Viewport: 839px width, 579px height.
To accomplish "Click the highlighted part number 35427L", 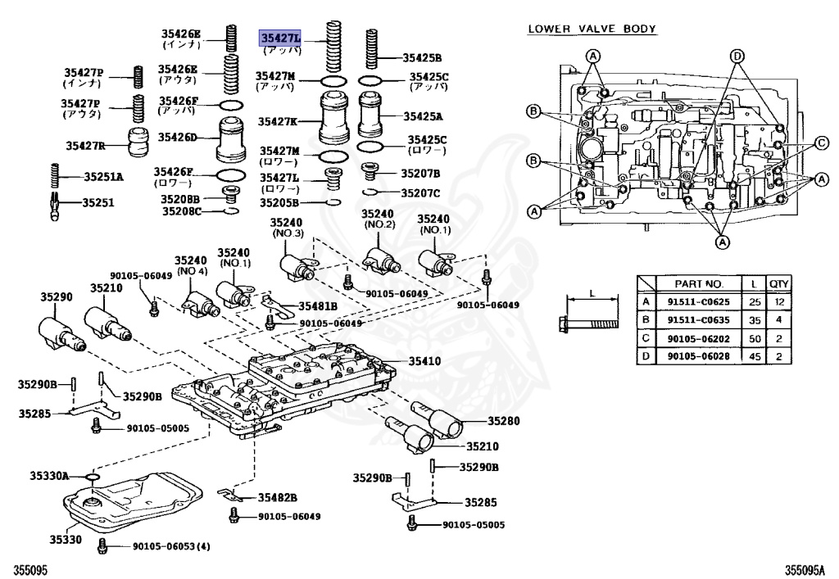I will click(281, 38).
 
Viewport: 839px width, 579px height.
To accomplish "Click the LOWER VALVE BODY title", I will click(592, 29).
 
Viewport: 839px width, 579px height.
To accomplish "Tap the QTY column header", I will click(778, 284).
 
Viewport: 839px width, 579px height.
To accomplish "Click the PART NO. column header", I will click(698, 284).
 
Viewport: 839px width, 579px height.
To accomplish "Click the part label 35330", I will click(65, 540).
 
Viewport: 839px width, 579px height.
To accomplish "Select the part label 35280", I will click(505, 421).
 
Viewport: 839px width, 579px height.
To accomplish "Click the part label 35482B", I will click(278, 497).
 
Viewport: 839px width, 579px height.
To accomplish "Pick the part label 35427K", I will click(278, 121).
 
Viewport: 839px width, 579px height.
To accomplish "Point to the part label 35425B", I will click(422, 58).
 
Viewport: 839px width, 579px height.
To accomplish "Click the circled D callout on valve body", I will click(737, 56).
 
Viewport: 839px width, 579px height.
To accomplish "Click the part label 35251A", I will click(103, 176).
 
